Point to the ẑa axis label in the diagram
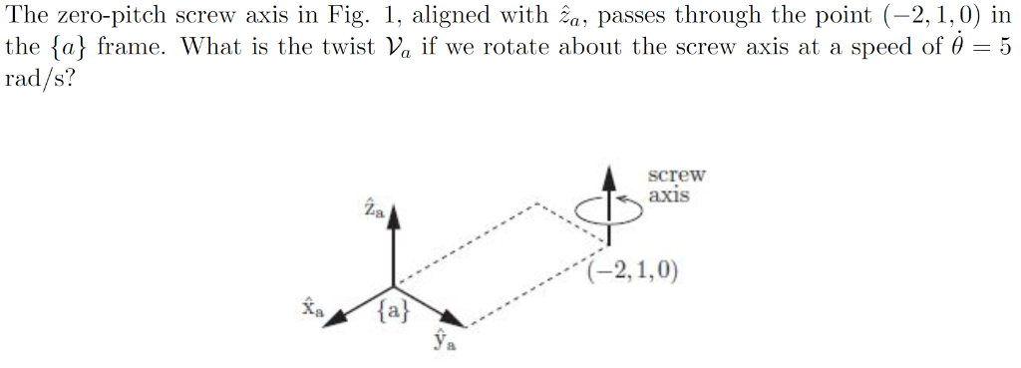click(x=373, y=210)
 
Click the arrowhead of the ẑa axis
click(x=395, y=217)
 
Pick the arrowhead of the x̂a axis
click(x=337, y=315)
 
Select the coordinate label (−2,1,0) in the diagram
click(x=632, y=270)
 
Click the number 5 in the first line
click(x=1006, y=48)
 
